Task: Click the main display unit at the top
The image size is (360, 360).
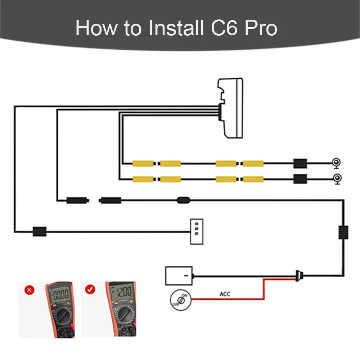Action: [230, 108]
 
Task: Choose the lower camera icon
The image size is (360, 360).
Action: [337, 179]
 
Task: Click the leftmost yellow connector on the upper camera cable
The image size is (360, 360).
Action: [143, 163]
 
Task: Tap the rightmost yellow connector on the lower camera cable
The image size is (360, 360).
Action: [253, 179]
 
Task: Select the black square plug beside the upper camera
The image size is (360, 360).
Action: [300, 163]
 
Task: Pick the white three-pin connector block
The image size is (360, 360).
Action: [197, 231]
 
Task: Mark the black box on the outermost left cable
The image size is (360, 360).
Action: [39, 231]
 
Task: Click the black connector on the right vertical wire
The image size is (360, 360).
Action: [343, 232]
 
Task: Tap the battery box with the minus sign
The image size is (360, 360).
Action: [179, 276]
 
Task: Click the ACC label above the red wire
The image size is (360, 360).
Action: [225, 294]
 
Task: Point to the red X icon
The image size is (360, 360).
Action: [30, 290]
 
